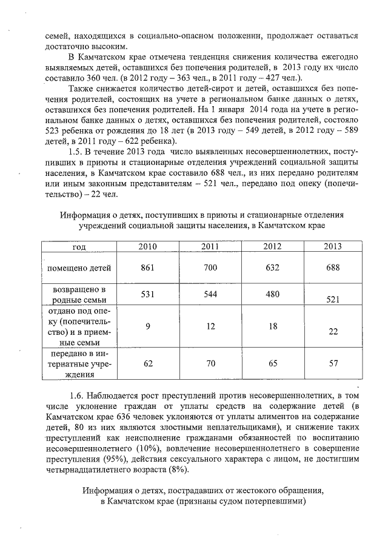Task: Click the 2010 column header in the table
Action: tap(148, 247)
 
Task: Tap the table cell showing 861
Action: tap(148, 268)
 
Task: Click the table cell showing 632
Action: tap(272, 268)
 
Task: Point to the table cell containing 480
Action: tap(272, 294)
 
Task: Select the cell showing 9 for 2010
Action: tap(148, 326)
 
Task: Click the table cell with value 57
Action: tap(333, 363)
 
